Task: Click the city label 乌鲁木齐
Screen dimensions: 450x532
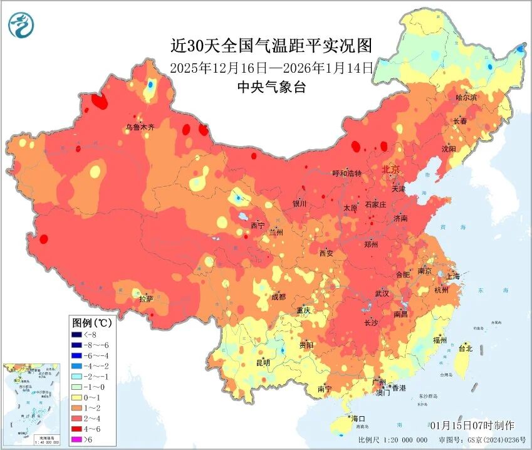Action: (x=139, y=127)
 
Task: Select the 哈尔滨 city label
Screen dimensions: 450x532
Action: (x=466, y=98)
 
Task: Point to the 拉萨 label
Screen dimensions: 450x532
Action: (x=146, y=299)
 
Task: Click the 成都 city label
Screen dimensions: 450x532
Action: (x=278, y=296)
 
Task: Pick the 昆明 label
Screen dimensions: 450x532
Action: (x=263, y=362)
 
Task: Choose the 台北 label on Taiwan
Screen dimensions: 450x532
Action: (x=466, y=348)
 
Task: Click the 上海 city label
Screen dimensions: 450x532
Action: (x=452, y=276)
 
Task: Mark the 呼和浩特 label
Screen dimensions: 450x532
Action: (x=347, y=173)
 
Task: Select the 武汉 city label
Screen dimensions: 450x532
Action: (x=382, y=293)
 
